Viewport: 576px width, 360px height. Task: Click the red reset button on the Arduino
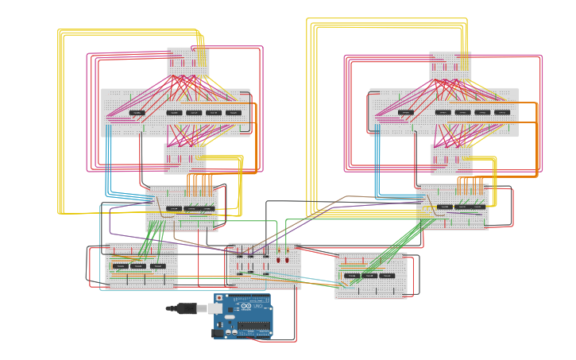[219, 297]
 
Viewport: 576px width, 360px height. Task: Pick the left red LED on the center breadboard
[279, 259]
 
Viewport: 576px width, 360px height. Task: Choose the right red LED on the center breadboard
[287, 259]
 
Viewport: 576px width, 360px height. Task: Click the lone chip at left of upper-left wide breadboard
[137, 113]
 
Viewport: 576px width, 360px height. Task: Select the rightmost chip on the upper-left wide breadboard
[233, 113]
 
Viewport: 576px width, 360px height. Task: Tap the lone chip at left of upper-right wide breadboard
[406, 113]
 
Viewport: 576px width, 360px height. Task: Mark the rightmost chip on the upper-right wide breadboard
[502, 113]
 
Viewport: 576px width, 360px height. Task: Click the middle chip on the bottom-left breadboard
[139, 266]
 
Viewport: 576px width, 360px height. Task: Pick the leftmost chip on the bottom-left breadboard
[120, 266]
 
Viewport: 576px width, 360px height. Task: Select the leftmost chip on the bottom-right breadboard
[351, 276]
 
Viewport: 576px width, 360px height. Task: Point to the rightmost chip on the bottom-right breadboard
[388, 276]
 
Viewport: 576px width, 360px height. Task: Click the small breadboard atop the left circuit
[187, 61]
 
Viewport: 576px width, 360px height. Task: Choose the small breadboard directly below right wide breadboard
[451, 158]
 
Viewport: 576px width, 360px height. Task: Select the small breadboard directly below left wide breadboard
[184, 157]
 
